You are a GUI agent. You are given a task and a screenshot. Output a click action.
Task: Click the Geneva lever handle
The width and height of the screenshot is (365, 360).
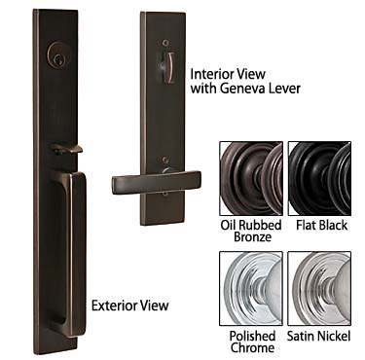click(x=156, y=182)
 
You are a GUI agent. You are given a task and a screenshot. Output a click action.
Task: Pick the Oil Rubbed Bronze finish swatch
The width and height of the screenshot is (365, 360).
click(x=250, y=172)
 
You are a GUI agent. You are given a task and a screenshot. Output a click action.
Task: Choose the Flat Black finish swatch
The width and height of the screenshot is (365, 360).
click(x=319, y=172)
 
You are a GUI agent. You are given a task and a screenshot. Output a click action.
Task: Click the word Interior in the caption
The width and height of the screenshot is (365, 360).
click(x=213, y=73)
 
